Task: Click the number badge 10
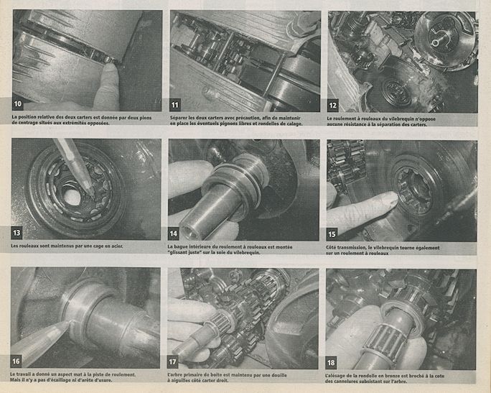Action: (x=18, y=103)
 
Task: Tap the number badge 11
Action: (x=175, y=105)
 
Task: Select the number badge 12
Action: (x=332, y=106)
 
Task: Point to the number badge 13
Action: (x=17, y=233)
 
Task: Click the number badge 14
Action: (x=174, y=234)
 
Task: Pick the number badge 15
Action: (x=332, y=234)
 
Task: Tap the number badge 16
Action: (x=16, y=361)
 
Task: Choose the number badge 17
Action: (x=172, y=362)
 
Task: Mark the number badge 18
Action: (x=331, y=363)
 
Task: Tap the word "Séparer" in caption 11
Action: (x=178, y=118)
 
